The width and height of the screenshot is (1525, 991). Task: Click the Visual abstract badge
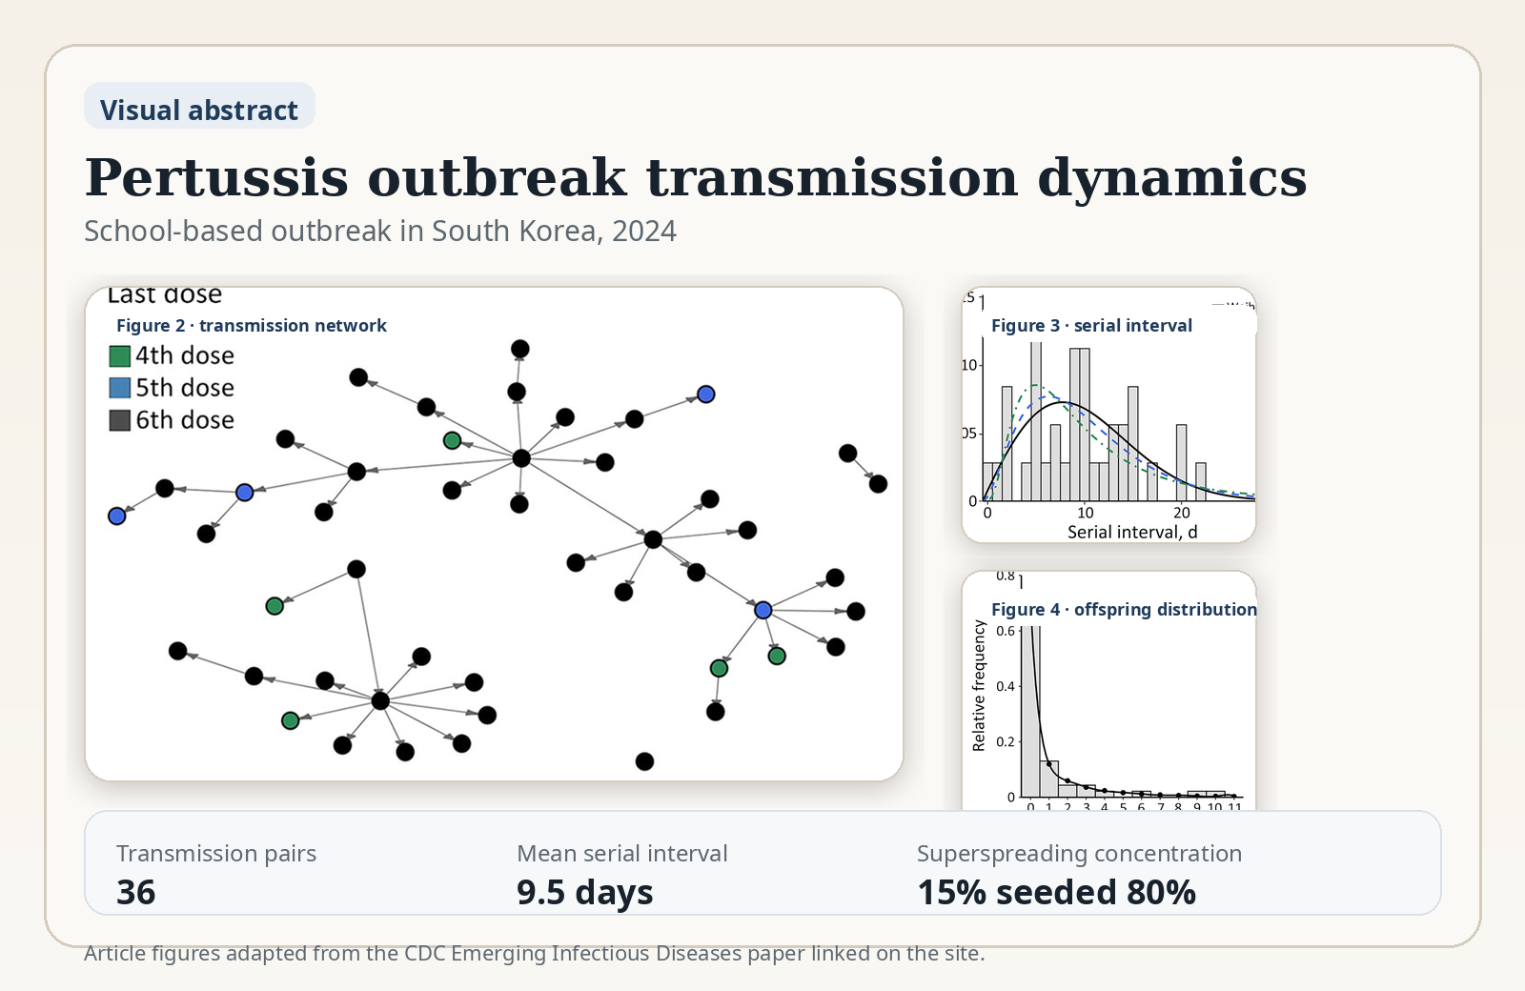click(199, 110)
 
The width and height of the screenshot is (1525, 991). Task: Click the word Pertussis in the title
click(216, 178)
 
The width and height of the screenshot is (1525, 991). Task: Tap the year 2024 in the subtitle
click(644, 232)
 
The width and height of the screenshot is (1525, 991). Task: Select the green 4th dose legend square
click(120, 356)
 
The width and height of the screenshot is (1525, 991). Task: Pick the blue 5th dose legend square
click(120, 388)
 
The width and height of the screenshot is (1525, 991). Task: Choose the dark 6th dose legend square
click(120, 420)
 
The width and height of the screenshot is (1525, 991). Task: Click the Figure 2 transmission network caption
click(252, 326)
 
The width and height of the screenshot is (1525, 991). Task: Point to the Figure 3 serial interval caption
click(1091, 326)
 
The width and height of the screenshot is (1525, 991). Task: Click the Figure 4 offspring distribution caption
click(1124, 610)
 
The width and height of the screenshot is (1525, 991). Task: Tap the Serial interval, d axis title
click(1131, 533)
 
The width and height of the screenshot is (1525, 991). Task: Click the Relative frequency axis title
click(979, 686)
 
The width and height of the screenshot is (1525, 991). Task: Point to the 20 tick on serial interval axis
click(1182, 513)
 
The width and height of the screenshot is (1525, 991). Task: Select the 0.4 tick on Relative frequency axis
click(1006, 686)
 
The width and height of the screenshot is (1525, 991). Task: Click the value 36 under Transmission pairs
click(136, 893)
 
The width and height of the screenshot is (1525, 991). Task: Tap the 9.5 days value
click(584, 893)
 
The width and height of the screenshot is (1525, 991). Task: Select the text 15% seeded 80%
click(1056, 893)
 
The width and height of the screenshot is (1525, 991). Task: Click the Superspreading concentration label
click(1079, 854)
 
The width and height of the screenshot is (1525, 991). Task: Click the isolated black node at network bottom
click(644, 761)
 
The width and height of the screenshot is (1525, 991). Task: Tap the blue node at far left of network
click(117, 516)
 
